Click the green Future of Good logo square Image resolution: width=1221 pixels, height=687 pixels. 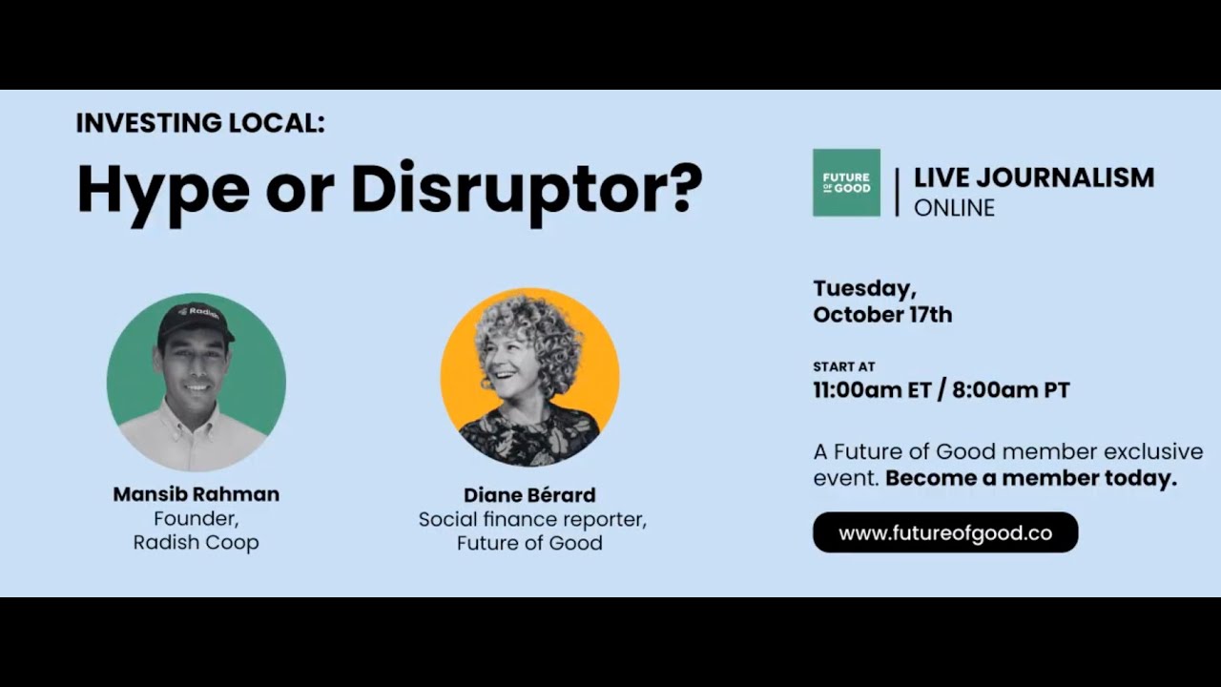(x=846, y=182)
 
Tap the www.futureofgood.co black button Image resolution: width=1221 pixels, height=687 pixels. (x=945, y=532)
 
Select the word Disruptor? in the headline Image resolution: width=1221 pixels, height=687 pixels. (x=527, y=190)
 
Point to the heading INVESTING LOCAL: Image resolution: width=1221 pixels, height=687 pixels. (x=200, y=123)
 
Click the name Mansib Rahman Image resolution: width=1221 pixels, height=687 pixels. (x=197, y=494)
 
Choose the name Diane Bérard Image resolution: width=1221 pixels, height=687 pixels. (x=529, y=495)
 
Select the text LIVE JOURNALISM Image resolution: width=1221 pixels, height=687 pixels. (x=1034, y=177)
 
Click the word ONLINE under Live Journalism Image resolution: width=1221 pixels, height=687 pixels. (x=954, y=207)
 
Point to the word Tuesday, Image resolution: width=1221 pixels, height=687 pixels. (x=864, y=288)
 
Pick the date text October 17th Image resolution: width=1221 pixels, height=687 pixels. (x=882, y=315)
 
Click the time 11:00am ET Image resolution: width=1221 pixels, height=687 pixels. (x=870, y=390)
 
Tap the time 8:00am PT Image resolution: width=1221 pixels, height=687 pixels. (x=1010, y=390)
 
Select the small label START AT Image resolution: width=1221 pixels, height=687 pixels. (x=844, y=366)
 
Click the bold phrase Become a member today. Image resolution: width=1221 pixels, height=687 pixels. (x=1031, y=478)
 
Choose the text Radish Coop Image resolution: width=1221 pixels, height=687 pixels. (x=197, y=542)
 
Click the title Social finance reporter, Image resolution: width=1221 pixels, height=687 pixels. (x=532, y=520)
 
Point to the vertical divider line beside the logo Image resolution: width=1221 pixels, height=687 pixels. (x=897, y=192)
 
